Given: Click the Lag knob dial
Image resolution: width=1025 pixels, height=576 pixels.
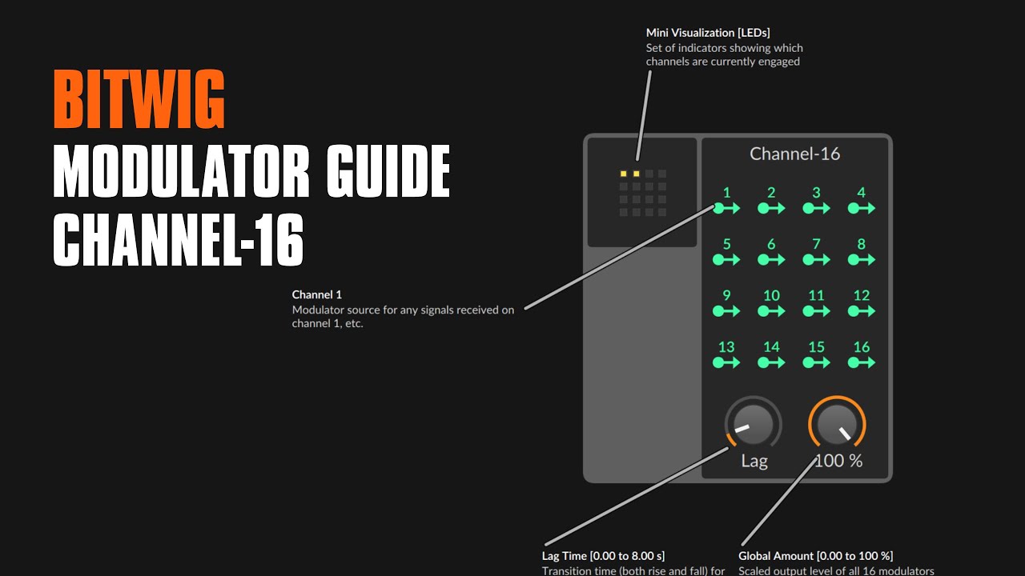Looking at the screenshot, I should click(753, 425).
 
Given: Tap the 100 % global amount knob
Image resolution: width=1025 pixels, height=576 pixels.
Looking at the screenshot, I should click(838, 424).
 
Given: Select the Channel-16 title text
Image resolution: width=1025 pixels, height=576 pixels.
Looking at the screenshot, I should click(794, 154).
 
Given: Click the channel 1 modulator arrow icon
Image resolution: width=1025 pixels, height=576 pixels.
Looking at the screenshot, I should click(727, 209).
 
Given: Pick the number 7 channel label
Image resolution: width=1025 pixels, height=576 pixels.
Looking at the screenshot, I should click(816, 244).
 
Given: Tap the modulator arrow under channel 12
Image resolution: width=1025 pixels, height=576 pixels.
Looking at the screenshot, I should click(862, 311).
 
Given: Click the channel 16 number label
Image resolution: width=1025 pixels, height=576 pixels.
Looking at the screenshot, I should click(862, 347).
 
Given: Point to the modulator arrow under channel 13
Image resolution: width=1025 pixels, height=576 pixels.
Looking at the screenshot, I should click(727, 362).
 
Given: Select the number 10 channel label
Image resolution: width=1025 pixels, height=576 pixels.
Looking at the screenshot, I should click(771, 295).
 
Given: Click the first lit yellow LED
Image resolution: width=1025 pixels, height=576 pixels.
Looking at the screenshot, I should click(624, 174).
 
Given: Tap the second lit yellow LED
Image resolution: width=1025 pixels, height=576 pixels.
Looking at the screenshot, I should click(637, 174).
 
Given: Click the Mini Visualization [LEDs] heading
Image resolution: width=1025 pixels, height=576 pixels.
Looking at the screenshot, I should click(708, 33).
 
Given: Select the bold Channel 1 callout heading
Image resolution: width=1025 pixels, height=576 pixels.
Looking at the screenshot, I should click(317, 294).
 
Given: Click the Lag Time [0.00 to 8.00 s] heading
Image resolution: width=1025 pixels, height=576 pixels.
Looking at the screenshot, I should click(603, 555).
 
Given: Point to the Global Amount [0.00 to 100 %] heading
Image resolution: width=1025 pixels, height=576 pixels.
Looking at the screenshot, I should click(815, 555).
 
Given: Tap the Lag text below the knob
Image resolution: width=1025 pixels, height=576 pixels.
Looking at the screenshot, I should click(754, 461).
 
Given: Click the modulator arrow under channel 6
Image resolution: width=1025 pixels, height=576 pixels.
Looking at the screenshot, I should click(772, 260).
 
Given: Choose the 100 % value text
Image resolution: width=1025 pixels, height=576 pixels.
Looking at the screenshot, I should click(839, 461).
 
